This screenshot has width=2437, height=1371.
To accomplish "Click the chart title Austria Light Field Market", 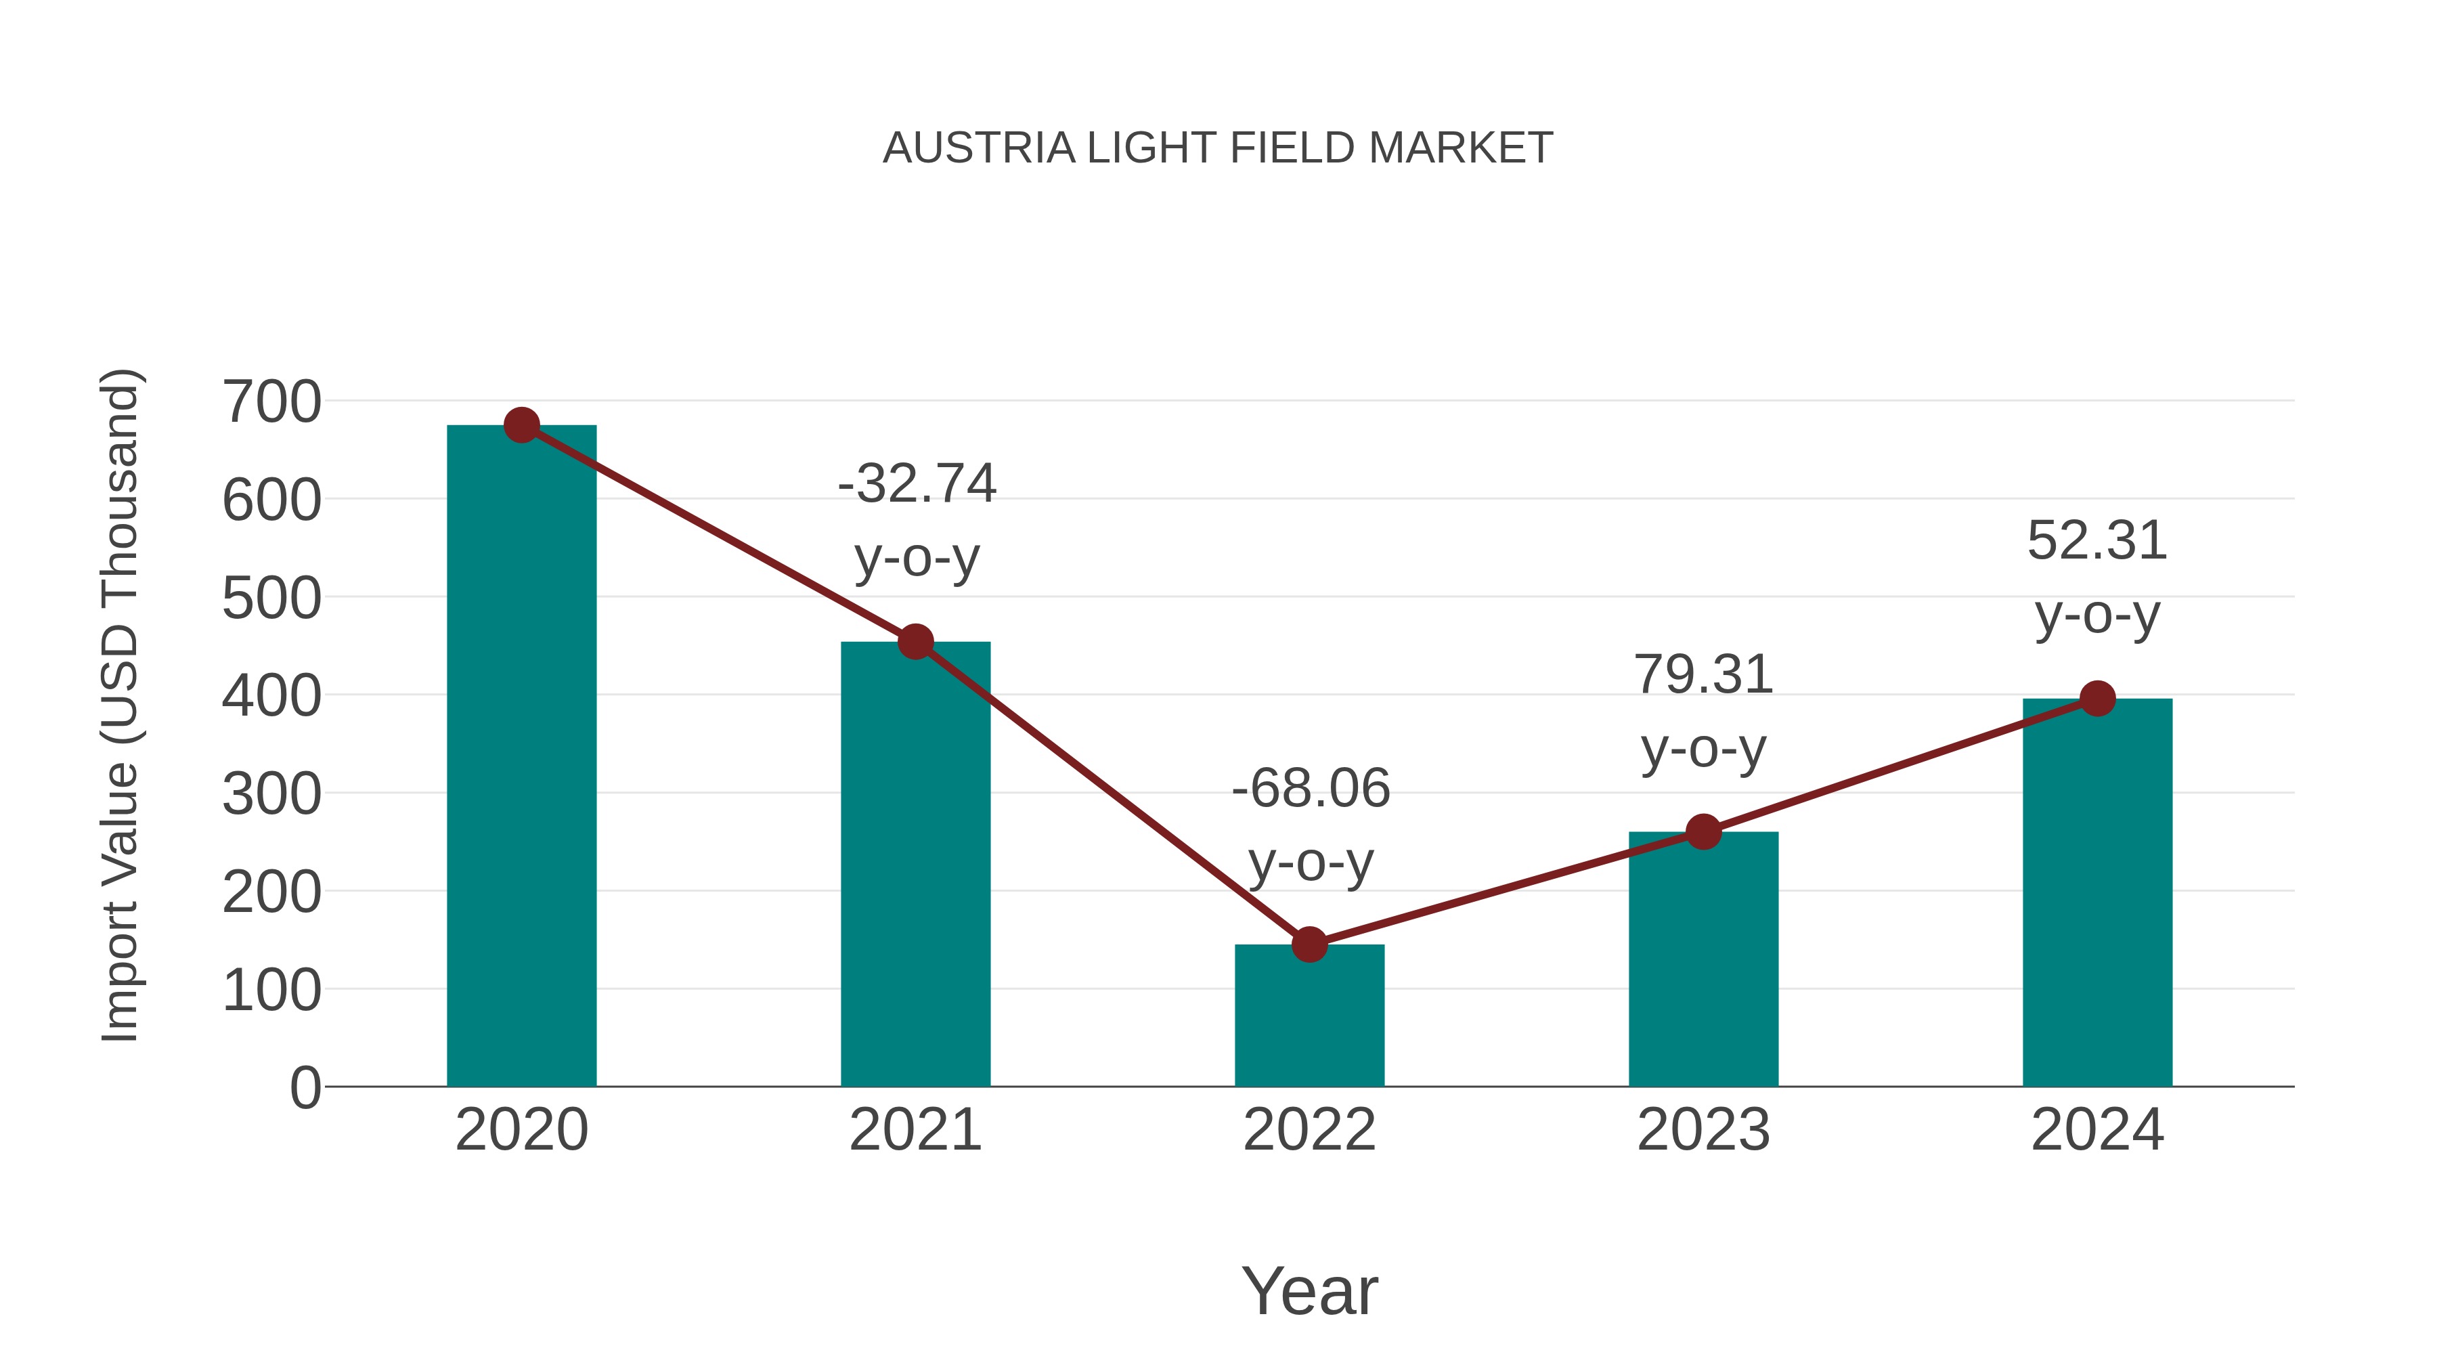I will pos(1218,148).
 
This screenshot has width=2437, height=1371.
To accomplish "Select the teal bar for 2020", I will pos(521,757).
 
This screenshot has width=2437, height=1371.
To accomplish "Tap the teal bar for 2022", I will pos(1309,1017).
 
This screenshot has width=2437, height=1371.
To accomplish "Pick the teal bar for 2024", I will pos(2097,894).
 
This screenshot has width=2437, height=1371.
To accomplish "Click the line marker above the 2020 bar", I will pos(521,426).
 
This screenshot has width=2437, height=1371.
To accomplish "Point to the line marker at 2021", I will pos(915,643).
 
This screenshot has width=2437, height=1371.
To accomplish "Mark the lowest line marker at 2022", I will pos(1309,944).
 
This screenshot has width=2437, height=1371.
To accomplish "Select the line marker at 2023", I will pos(1703,831).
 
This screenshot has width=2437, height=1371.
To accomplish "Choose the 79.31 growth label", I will pos(1703,674).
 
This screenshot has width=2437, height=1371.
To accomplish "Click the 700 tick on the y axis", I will pos(271,402).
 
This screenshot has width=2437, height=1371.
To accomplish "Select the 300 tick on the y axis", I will pos(271,795).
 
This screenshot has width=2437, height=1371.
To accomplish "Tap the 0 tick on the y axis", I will pos(305,1088).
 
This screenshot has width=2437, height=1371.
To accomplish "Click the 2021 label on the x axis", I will pos(915,1130).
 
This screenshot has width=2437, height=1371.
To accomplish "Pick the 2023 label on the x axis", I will pos(1703,1130).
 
